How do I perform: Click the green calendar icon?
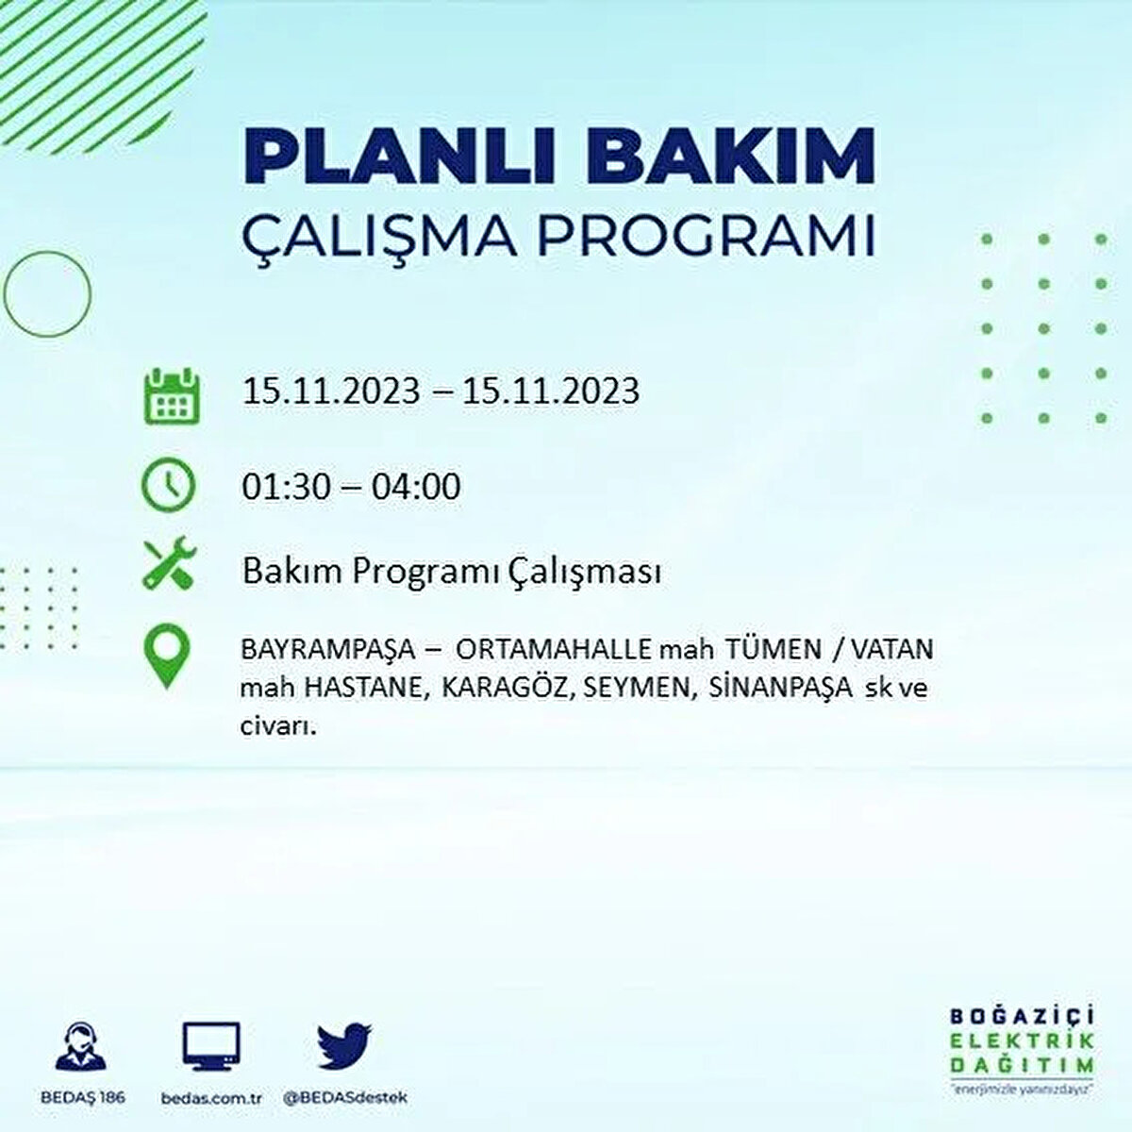coord(171,394)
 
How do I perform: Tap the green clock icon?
coord(168,485)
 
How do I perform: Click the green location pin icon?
coord(167,657)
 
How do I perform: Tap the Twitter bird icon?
coord(344,1049)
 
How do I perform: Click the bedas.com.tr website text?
coord(209,1098)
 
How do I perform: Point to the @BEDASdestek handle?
coord(344,1098)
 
